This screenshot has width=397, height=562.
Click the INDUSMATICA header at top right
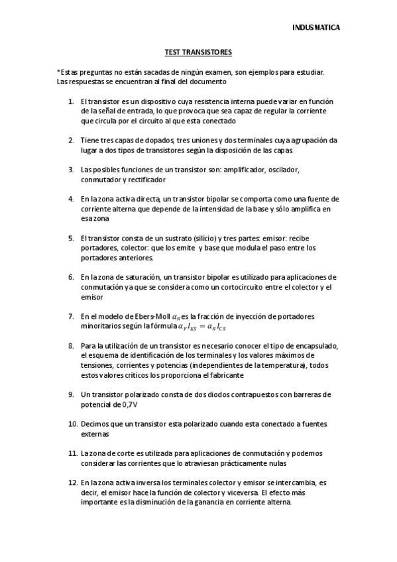pyautogui.click(x=316, y=28)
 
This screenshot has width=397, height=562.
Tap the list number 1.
pyautogui.click(x=71, y=101)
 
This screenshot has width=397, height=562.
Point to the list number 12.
pyautogui.click(x=73, y=483)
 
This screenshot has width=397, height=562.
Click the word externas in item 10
pyautogui.click(x=95, y=433)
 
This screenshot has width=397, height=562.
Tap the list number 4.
pyautogui.click(x=71, y=199)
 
